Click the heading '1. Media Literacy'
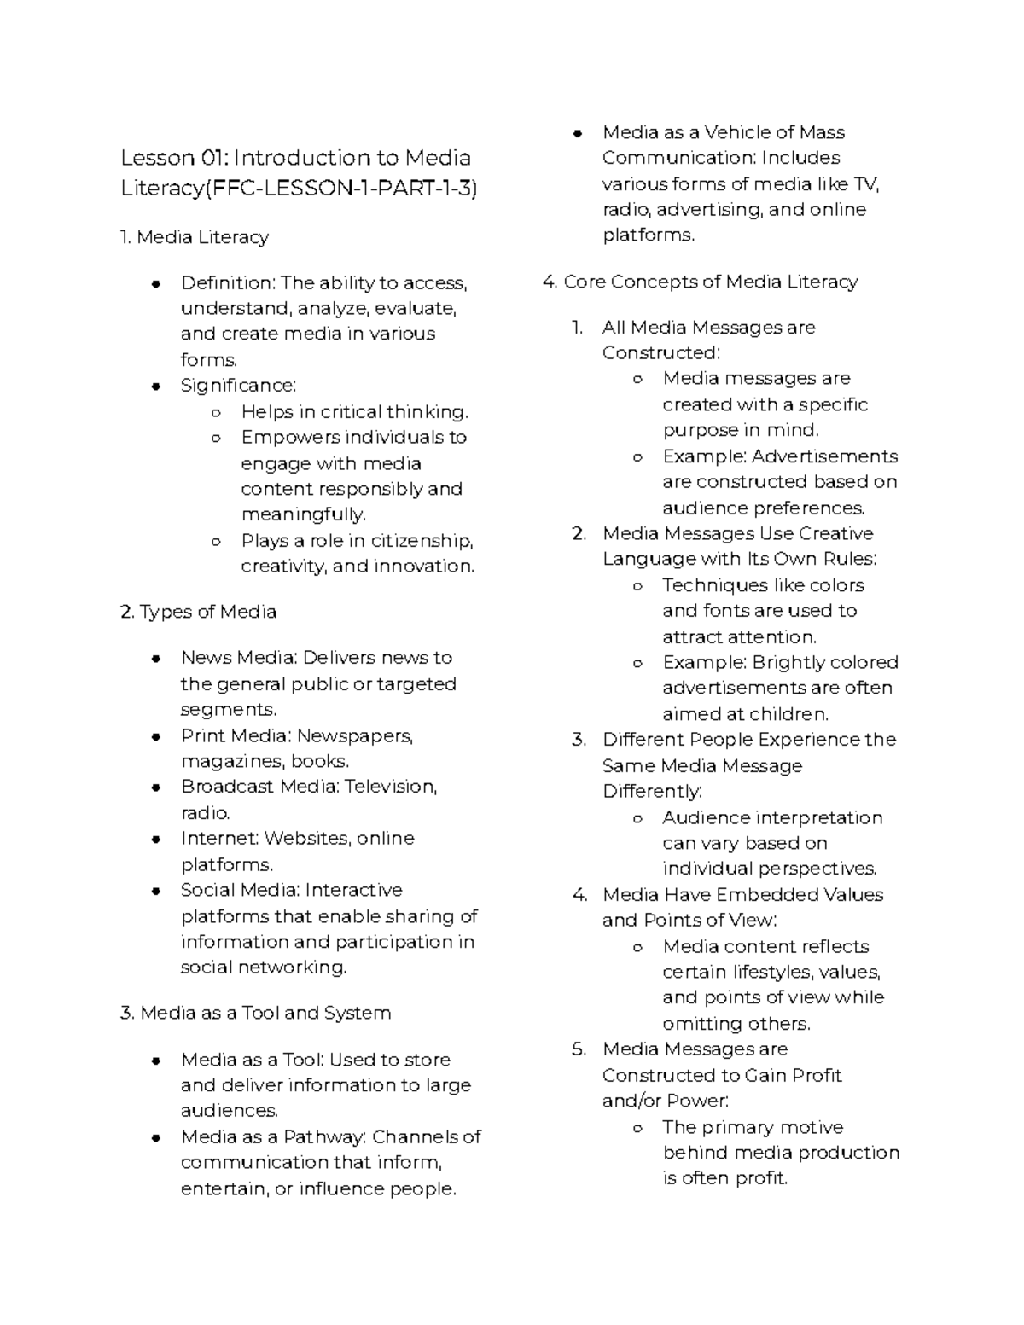[x=195, y=237]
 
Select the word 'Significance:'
[x=238, y=386]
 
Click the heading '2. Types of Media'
[x=198, y=612]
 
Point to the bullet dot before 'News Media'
[x=156, y=659]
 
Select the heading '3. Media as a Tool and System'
[x=255, y=1013]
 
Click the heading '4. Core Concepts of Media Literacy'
[x=700, y=282]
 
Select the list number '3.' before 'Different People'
[x=579, y=740]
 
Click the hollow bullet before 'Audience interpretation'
[x=637, y=818]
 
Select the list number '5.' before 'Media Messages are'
[x=579, y=1049]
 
